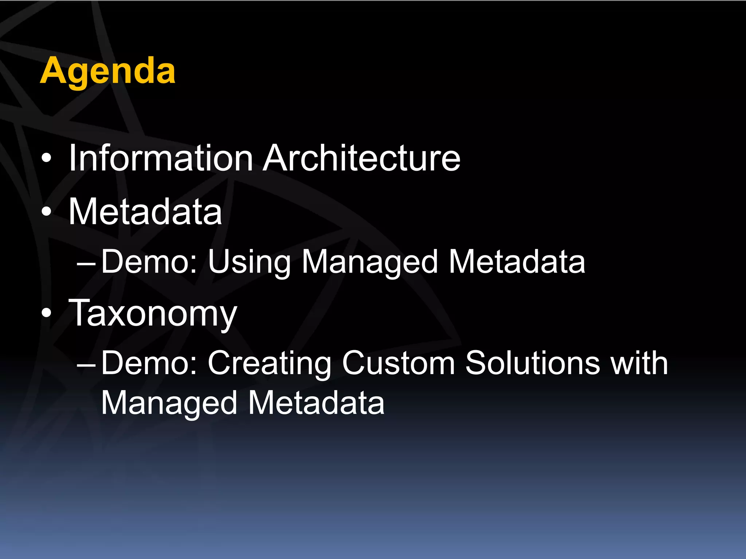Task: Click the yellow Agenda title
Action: [108, 71]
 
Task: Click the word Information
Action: [161, 158]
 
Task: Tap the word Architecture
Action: [362, 158]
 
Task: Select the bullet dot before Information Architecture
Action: [46, 159]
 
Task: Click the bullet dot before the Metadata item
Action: [46, 212]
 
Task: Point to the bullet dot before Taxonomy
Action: [46, 313]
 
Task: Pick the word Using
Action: [249, 262]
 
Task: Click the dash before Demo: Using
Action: [86, 263]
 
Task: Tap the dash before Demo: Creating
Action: [86, 364]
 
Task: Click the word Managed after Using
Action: [370, 262]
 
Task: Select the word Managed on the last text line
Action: [169, 403]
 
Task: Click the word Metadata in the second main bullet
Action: [145, 212]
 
